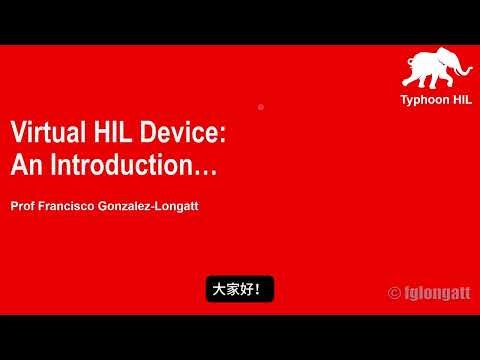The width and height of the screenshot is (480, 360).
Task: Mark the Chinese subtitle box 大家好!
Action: [x=239, y=290]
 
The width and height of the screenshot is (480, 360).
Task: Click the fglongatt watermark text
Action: [x=435, y=293]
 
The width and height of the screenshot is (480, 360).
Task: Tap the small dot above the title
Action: [x=260, y=106]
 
